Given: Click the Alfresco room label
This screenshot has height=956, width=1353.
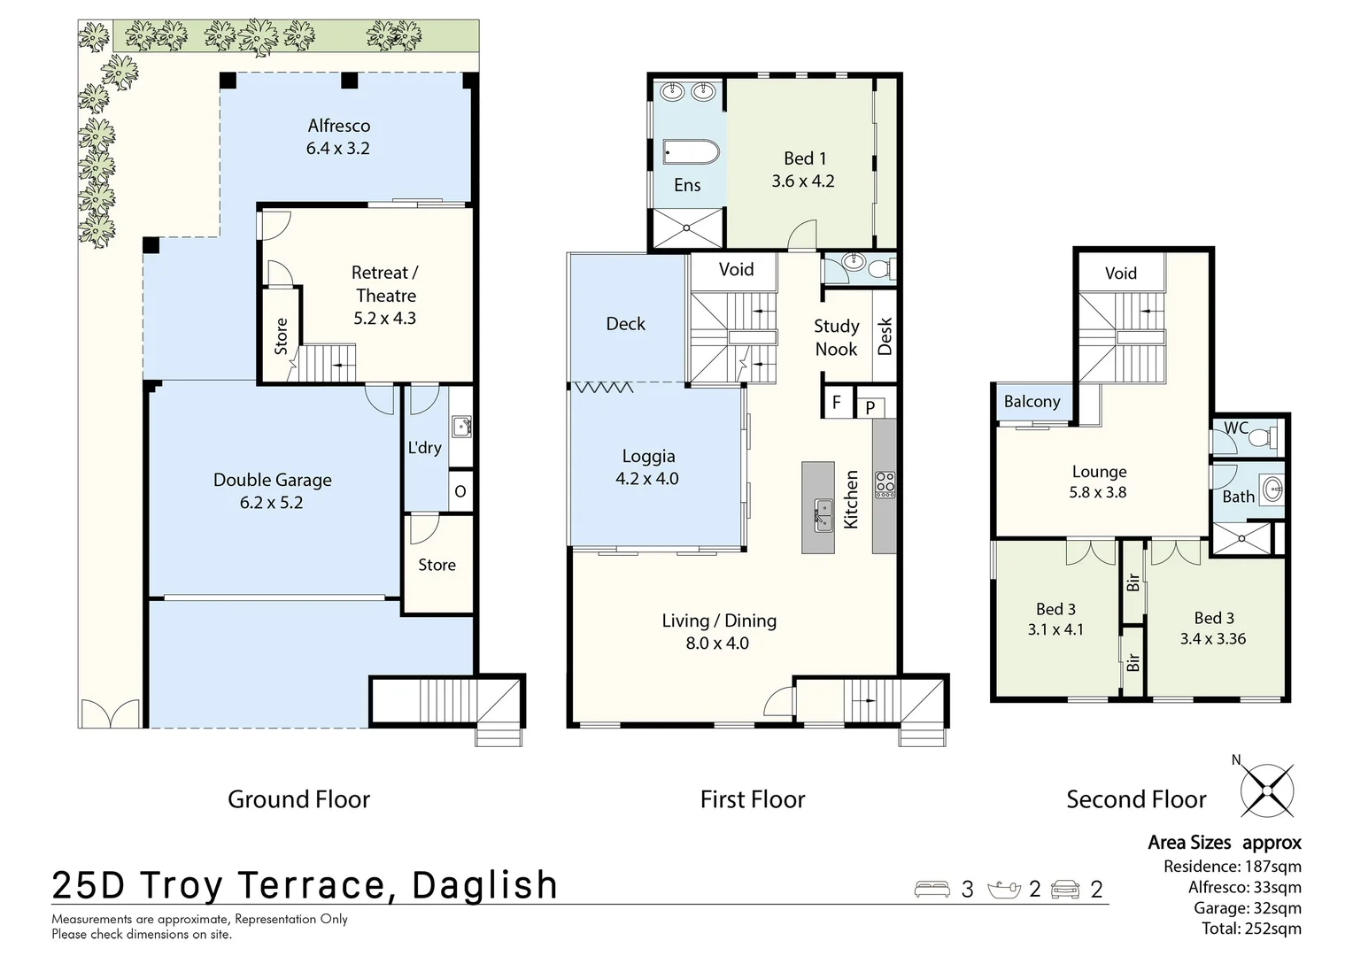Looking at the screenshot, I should pyautogui.click(x=338, y=137).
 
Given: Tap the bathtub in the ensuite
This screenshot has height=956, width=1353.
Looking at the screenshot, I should pyautogui.click(x=692, y=152).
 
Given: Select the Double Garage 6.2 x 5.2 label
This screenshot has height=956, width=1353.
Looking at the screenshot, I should pyautogui.click(x=272, y=490).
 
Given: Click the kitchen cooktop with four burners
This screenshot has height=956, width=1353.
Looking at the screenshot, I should pyautogui.click(x=885, y=484).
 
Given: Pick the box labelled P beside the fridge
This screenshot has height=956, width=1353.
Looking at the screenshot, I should pyautogui.click(x=870, y=407).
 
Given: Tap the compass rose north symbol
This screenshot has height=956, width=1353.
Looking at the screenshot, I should pyautogui.click(x=1267, y=789).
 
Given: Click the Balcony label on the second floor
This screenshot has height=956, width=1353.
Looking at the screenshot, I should pyautogui.click(x=1032, y=402).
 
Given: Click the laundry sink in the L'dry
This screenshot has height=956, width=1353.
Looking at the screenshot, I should pyautogui.click(x=460, y=428).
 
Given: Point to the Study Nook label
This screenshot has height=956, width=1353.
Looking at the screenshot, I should pyautogui.click(x=836, y=337).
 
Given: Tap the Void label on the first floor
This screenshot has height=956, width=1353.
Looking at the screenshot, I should pyautogui.click(x=736, y=269).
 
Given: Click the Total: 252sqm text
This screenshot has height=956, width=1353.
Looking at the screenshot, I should pyautogui.click(x=1251, y=929).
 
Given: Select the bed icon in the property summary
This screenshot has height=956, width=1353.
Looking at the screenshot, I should pyautogui.click(x=932, y=889).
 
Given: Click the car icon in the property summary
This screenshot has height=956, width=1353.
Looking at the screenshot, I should pyautogui.click(x=1066, y=889).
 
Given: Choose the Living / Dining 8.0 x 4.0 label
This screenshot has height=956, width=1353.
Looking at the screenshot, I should pyautogui.click(x=718, y=632).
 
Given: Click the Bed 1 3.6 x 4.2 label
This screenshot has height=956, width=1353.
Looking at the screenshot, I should pyautogui.click(x=803, y=169).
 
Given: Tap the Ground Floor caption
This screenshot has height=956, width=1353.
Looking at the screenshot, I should pyautogui.click(x=298, y=799).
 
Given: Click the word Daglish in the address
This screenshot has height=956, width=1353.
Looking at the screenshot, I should pyautogui.click(x=485, y=885).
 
